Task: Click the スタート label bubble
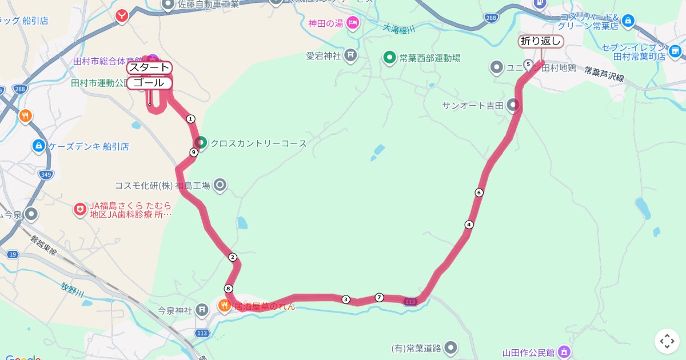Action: click(149, 67)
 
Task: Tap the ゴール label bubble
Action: click(149, 83)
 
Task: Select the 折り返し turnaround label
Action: click(541, 41)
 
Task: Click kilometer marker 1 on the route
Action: click(191, 119)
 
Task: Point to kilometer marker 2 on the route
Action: click(232, 257)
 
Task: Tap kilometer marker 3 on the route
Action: click(345, 299)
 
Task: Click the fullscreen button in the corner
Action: click(667, 341)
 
